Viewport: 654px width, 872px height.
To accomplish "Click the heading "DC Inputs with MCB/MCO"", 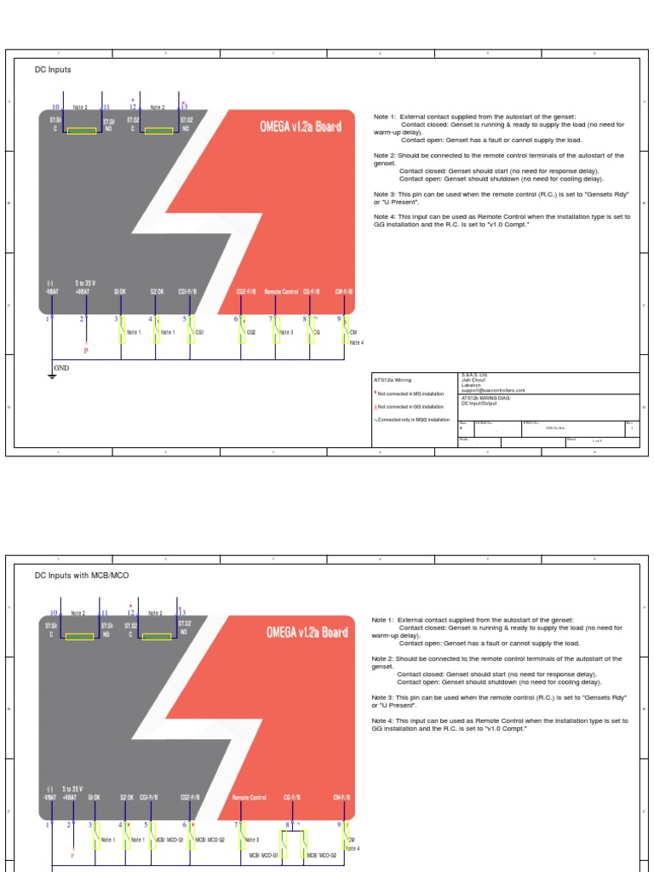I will tap(82, 576).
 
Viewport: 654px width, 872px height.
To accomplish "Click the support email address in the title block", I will tap(493, 390).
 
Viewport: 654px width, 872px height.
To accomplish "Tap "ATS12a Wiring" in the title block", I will tap(393, 380).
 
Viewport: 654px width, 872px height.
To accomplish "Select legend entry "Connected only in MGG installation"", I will tap(413, 420).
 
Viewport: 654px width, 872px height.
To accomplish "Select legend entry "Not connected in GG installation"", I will tap(410, 407).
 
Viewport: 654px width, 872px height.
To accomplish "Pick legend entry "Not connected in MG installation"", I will tap(410, 394).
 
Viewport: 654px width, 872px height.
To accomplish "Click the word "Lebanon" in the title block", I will tap(471, 385).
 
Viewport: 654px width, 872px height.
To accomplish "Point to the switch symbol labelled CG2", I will tap(243, 331).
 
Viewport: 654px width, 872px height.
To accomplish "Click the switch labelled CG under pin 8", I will tap(310, 331).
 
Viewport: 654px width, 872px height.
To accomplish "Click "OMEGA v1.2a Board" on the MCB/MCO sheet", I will tap(307, 633).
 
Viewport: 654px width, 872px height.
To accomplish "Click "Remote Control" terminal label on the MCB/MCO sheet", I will tap(250, 798).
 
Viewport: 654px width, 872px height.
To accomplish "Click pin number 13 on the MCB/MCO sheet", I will tap(182, 612).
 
